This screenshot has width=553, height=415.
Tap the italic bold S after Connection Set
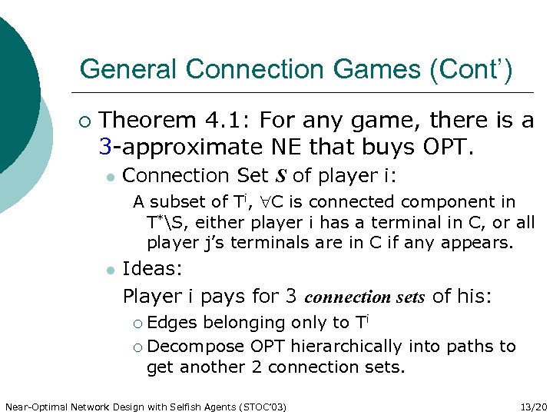click(280, 176)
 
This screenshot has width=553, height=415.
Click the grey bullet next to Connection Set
click(111, 177)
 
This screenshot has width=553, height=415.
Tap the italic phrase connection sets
click(366, 297)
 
